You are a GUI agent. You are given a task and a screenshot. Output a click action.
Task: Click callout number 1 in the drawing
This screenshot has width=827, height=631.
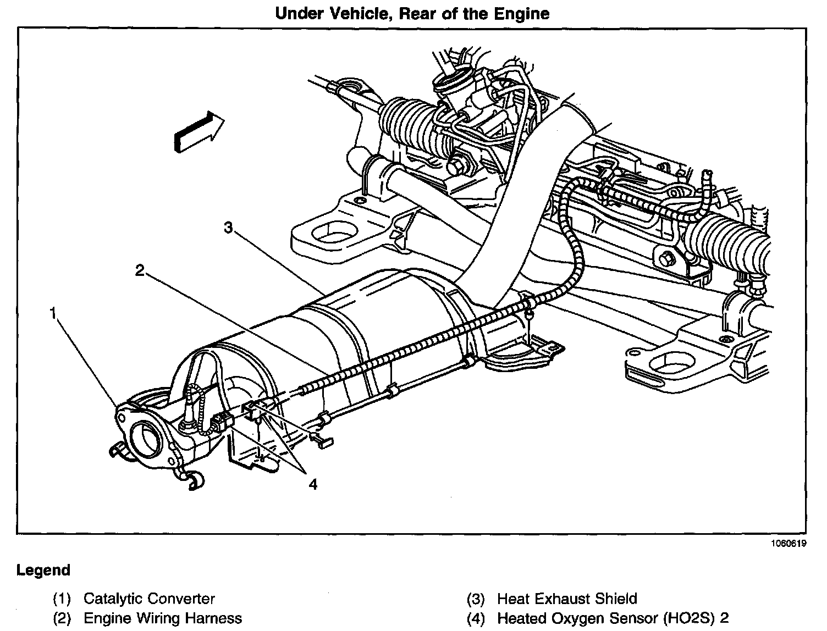pyautogui.click(x=53, y=313)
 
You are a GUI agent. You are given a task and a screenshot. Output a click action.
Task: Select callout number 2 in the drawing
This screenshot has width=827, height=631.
pyautogui.click(x=140, y=270)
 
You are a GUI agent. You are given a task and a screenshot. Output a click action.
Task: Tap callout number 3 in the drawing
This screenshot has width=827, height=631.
pyautogui.click(x=229, y=227)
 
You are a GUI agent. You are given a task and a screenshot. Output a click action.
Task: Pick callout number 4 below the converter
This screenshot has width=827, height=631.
pyautogui.click(x=312, y=484)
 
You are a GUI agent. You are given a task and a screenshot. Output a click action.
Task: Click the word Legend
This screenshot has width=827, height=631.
pyautogui.click(x=43, y=570)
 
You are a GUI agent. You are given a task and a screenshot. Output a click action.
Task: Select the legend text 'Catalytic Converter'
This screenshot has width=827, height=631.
pyautogui.click(x=149, y=599)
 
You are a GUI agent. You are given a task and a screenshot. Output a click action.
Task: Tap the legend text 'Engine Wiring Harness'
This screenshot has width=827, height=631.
pyautogui.click(x=162, y=618)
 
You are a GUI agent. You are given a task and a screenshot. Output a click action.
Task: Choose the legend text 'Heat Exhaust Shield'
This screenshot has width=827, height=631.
pyautogui.click(x=567, y=599)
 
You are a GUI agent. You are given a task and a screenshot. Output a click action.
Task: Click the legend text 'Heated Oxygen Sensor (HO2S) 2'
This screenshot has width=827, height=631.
pyautogui.click(x=613, y=618)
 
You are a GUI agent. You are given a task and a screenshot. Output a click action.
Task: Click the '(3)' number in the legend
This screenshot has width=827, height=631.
pyautogui.click(x=476, y=599)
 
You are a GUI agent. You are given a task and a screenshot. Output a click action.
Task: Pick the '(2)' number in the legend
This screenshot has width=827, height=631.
pyautogui.click(x=62, y=618)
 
